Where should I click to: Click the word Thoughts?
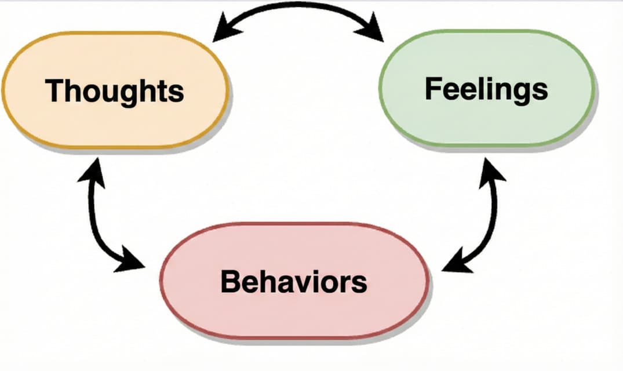pos(114,91)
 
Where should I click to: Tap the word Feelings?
pos(486,89)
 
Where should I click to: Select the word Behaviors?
pos(293,282)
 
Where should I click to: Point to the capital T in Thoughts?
pos(54,90)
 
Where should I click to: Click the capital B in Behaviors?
pos(230,282)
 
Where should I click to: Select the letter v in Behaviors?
pos(308,283)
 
